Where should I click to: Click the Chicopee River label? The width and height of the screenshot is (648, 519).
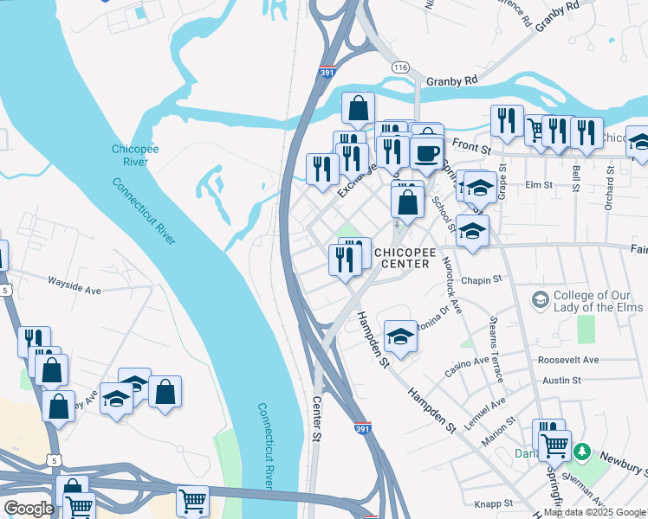pyautogui.click(x=134, y=155)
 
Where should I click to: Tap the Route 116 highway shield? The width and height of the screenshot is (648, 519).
pyautogui.click(x=399, y=67)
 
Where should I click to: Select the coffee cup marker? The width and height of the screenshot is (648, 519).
pyautogui.click(x=424, y=153)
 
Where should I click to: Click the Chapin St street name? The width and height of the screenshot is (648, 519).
pyautogui.click(x=483, y=279)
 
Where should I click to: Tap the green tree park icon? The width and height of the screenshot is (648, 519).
pyautogui.click(x=583, y=452)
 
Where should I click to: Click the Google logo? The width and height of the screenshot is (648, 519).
pyautogui.click(x=28, y=509)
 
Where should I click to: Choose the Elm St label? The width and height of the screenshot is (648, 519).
pyautogui.click(x=538, y=184)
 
